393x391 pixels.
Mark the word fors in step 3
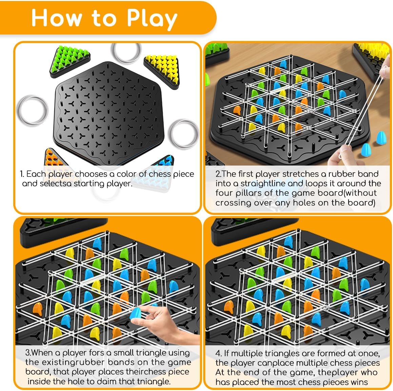point(95,353)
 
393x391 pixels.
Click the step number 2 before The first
point(218,174)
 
